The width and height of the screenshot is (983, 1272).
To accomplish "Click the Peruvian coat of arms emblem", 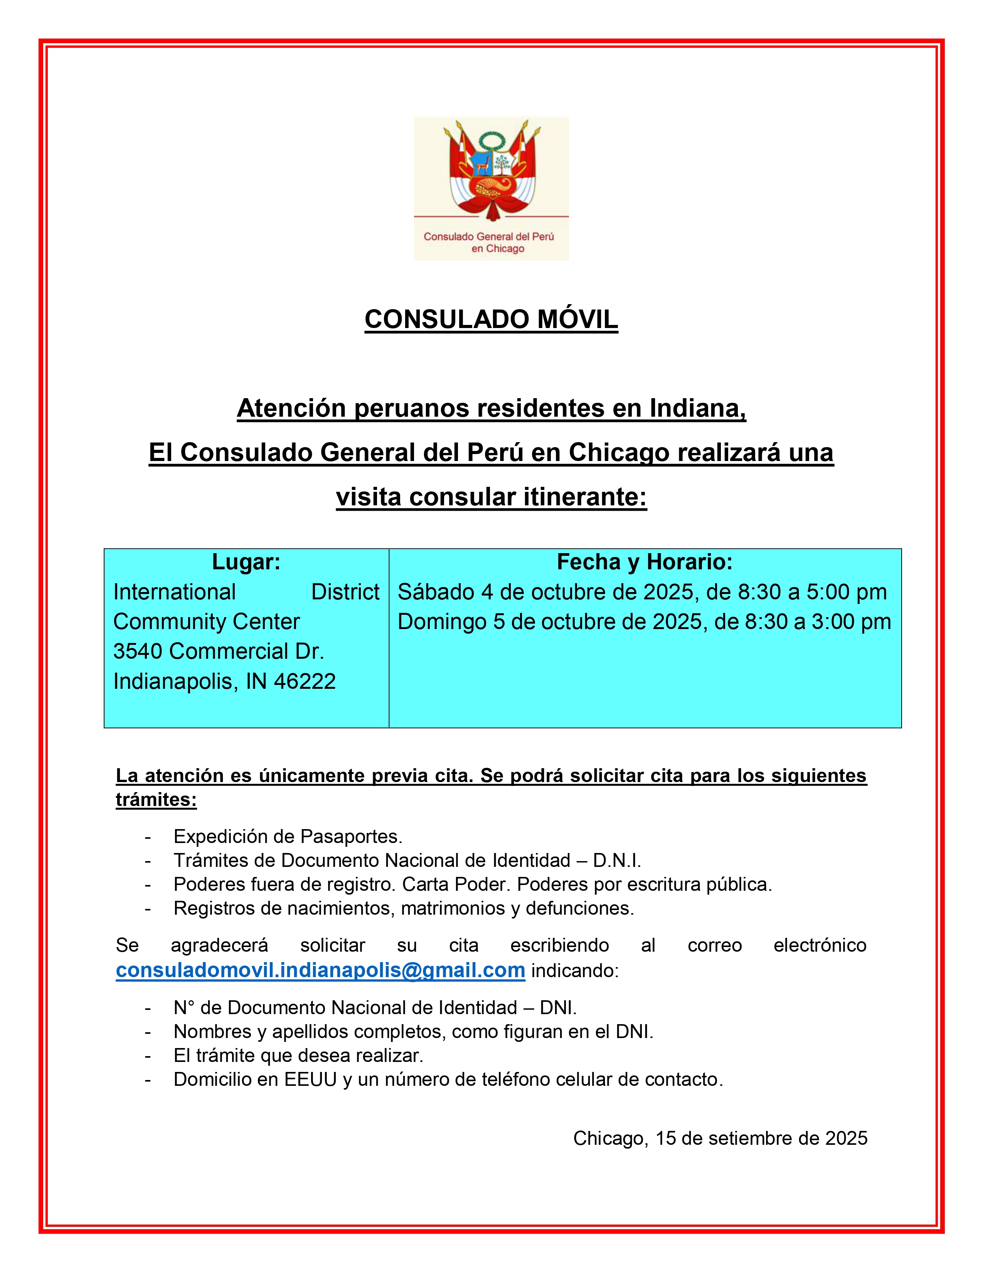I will point(491,169).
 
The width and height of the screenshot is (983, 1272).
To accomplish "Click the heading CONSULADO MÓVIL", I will point(491,319).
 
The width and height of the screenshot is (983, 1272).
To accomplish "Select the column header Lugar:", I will point(246,562).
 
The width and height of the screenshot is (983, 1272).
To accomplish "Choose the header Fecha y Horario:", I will point(645,562).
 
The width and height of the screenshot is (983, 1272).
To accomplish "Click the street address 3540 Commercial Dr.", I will point(218,651).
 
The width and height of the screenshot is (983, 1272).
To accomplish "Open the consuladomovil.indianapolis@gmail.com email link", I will point(320,970).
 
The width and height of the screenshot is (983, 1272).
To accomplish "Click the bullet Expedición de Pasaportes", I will point(288,836).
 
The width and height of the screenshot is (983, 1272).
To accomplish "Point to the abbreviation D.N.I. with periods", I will point(617,860).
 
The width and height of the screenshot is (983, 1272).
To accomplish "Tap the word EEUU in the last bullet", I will point(310,1079).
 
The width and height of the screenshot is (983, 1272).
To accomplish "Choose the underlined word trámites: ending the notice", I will point(156,800).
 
